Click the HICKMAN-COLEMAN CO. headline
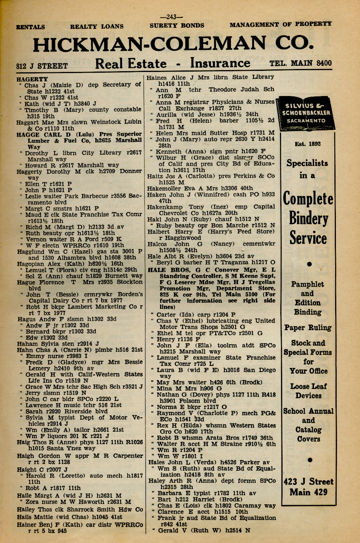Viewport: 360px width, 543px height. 173,45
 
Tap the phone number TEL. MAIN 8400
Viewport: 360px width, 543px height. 300,63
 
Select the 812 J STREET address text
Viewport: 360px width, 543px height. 42,66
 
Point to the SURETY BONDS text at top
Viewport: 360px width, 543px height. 177,26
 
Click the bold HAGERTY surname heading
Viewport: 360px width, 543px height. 32,79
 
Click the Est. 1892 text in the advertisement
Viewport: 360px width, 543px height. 307,144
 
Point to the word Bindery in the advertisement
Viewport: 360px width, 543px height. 308,219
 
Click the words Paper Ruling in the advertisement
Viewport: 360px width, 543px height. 308,328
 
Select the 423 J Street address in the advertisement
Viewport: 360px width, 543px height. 308,482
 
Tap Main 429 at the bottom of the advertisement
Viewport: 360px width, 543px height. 308,492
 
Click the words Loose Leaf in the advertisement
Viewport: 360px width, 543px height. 308,386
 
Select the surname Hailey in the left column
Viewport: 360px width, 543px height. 26,509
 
